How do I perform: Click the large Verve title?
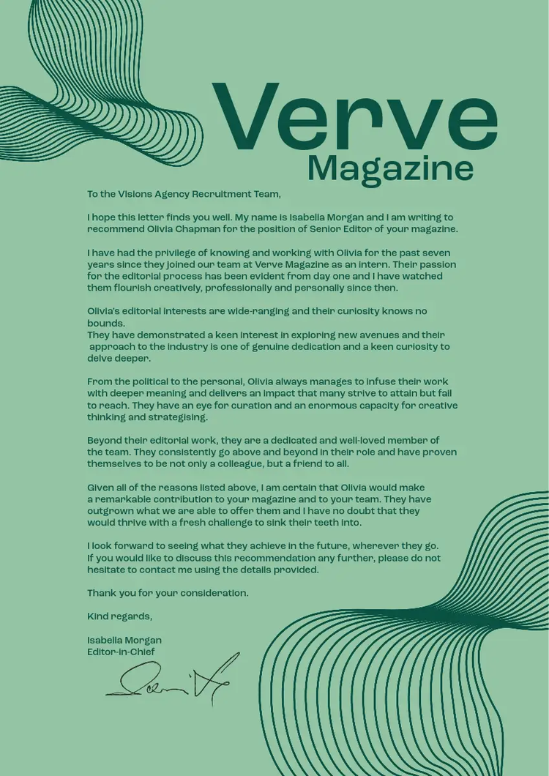(x=354, y=117)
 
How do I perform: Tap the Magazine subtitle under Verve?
(x=390, y=169)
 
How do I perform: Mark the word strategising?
(x=177, y=417)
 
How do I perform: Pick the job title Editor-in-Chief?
(x=121, y=652)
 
